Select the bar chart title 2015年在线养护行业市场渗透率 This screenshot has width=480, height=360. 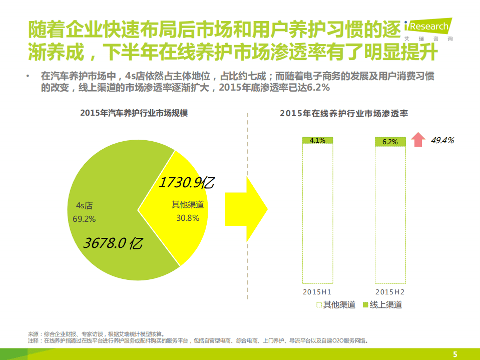[x=344, y=114]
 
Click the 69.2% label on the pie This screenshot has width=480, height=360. [x=84, y=219]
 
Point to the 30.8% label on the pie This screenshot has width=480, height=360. [x=188, y=218]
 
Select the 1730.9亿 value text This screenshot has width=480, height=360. [x=186, y=183]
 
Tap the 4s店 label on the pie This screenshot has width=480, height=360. [x=84, y=206]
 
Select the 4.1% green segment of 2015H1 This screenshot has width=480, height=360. [x=317, y=140]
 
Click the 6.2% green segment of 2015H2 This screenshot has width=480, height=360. [x=390, y=142]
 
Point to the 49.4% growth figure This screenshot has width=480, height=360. [x=442, y=140]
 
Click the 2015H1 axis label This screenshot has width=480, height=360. [x=317, y=291]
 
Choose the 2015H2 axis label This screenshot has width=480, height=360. [x=390, y=291]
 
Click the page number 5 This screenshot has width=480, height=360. [x=455, y=354]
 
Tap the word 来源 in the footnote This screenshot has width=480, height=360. [x=33, y=334]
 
